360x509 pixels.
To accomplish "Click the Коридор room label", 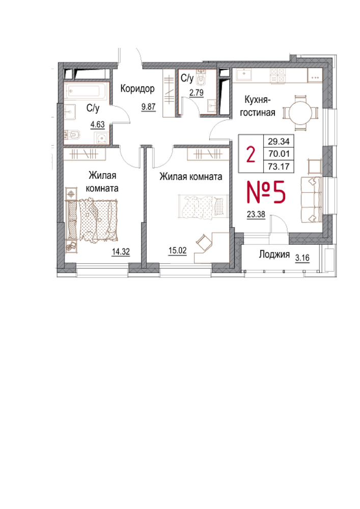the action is [137, 88].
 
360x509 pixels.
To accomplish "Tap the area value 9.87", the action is [148, 106].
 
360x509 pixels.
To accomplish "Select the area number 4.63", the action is [97, 124].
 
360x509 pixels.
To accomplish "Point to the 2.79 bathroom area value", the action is [197, 93].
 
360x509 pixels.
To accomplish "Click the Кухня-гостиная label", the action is [257, 106].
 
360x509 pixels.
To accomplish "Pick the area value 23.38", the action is [256, 214].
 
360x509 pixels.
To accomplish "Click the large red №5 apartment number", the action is [266, 192].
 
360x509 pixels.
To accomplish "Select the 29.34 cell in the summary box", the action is [279, 141].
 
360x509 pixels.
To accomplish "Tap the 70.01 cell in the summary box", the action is [279, 154].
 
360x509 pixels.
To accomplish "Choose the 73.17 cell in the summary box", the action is [279, 166].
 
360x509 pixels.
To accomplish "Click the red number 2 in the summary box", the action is [251, 154].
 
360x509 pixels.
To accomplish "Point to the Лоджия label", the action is [274, 254].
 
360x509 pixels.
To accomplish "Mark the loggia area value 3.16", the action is [302, 258].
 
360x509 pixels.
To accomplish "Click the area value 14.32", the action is [121, 251].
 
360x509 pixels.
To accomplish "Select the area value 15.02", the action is [178, 250].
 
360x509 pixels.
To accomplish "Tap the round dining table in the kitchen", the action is [300, 113].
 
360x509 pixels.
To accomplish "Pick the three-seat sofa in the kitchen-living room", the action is [311, 200].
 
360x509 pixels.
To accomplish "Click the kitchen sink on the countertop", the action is [243, 75].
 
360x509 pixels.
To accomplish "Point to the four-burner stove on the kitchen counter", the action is [278, 75].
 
